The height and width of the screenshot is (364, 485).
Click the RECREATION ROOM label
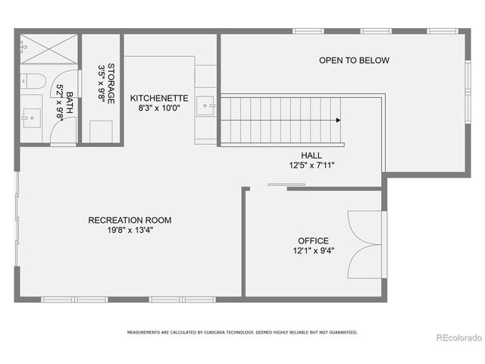click(x=130, y=221)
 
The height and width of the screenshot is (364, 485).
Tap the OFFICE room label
click(x=313, y=241)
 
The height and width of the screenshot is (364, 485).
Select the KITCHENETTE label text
click(x=158, y=99)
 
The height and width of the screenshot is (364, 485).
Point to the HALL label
click(x=311, y=155)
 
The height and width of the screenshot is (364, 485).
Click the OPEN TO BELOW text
click(x=354, y=61)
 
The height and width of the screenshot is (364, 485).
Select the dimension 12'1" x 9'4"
click(x=314, y=251)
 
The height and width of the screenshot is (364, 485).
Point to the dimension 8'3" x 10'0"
click(x=158, y=108)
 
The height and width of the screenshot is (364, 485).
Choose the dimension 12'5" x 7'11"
click(x=311, y=165)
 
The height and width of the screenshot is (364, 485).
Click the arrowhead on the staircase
click(x=338, y=120)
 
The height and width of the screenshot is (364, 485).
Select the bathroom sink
click(x=31, y=118)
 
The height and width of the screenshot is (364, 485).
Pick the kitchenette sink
click(x=206, y=104)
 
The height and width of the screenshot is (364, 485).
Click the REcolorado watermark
click(x=456, y=337)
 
